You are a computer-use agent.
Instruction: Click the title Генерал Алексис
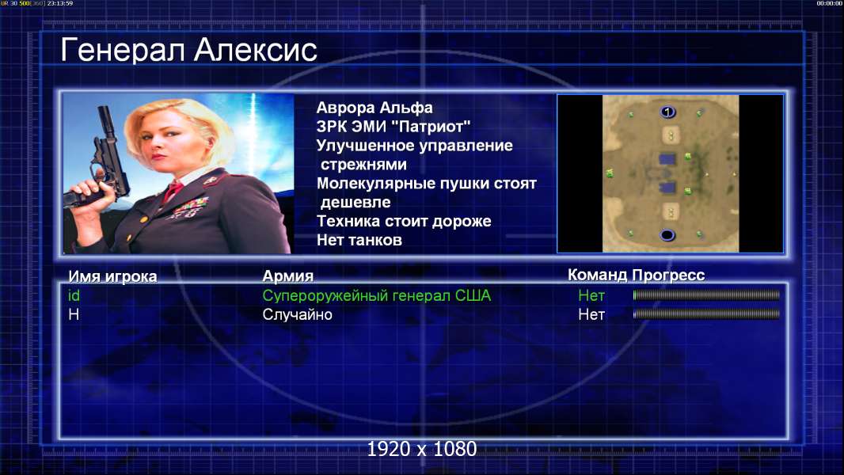tap(189, 50)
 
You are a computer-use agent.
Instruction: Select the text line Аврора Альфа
tap(374, 108)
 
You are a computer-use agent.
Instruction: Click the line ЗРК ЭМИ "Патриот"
tap(393, 127)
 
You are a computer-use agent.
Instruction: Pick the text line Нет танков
tap(359, 240)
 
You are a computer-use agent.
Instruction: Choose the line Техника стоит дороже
tap(404, 221)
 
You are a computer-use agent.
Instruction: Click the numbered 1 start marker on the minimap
tap(667, 112)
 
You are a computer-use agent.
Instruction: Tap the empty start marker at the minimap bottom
tap(667, 235)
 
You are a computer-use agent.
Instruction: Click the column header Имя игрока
tap(112, 276)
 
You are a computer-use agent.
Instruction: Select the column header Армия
tap(288, 276)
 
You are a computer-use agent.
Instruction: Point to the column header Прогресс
tap(668, 275)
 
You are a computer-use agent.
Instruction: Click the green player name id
tap(74, 295)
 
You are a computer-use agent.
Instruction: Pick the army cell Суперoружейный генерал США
tap(377, 296)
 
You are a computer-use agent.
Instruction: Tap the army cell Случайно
tap(297, 314)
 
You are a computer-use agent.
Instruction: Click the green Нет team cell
tap(591, 295)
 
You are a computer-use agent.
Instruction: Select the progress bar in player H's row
tap(706, 313)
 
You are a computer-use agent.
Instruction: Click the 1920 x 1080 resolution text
tap(422, 449)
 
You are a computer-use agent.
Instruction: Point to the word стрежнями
tap(363, 164)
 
